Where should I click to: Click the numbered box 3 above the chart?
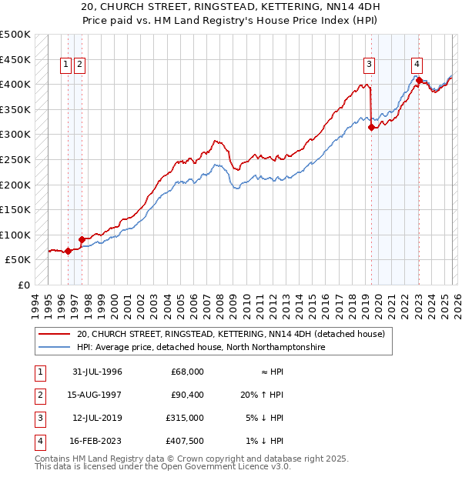[370, 65]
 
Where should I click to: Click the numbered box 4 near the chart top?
[417, 65]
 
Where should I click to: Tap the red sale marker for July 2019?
[372, 128]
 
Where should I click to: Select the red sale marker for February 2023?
[419, 80]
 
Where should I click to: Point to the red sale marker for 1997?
[82, 239]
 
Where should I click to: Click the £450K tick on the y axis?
[15, 59]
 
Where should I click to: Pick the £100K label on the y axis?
[15, 235]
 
